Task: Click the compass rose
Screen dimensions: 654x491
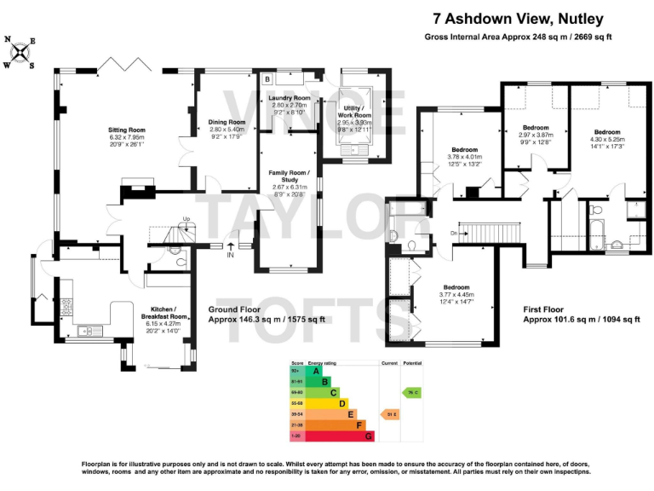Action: pyautogui.click(x=20, y=53)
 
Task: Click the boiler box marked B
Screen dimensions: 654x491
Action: pyautogui.click(x=267, y=79)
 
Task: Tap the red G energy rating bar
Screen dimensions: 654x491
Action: pyautogui.click(x=368, y=436)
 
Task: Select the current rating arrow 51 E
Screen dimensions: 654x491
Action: pyautogui.click(x=390, y=413)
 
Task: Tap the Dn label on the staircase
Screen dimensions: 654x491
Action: pyautogui.click(x=456, y=232)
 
